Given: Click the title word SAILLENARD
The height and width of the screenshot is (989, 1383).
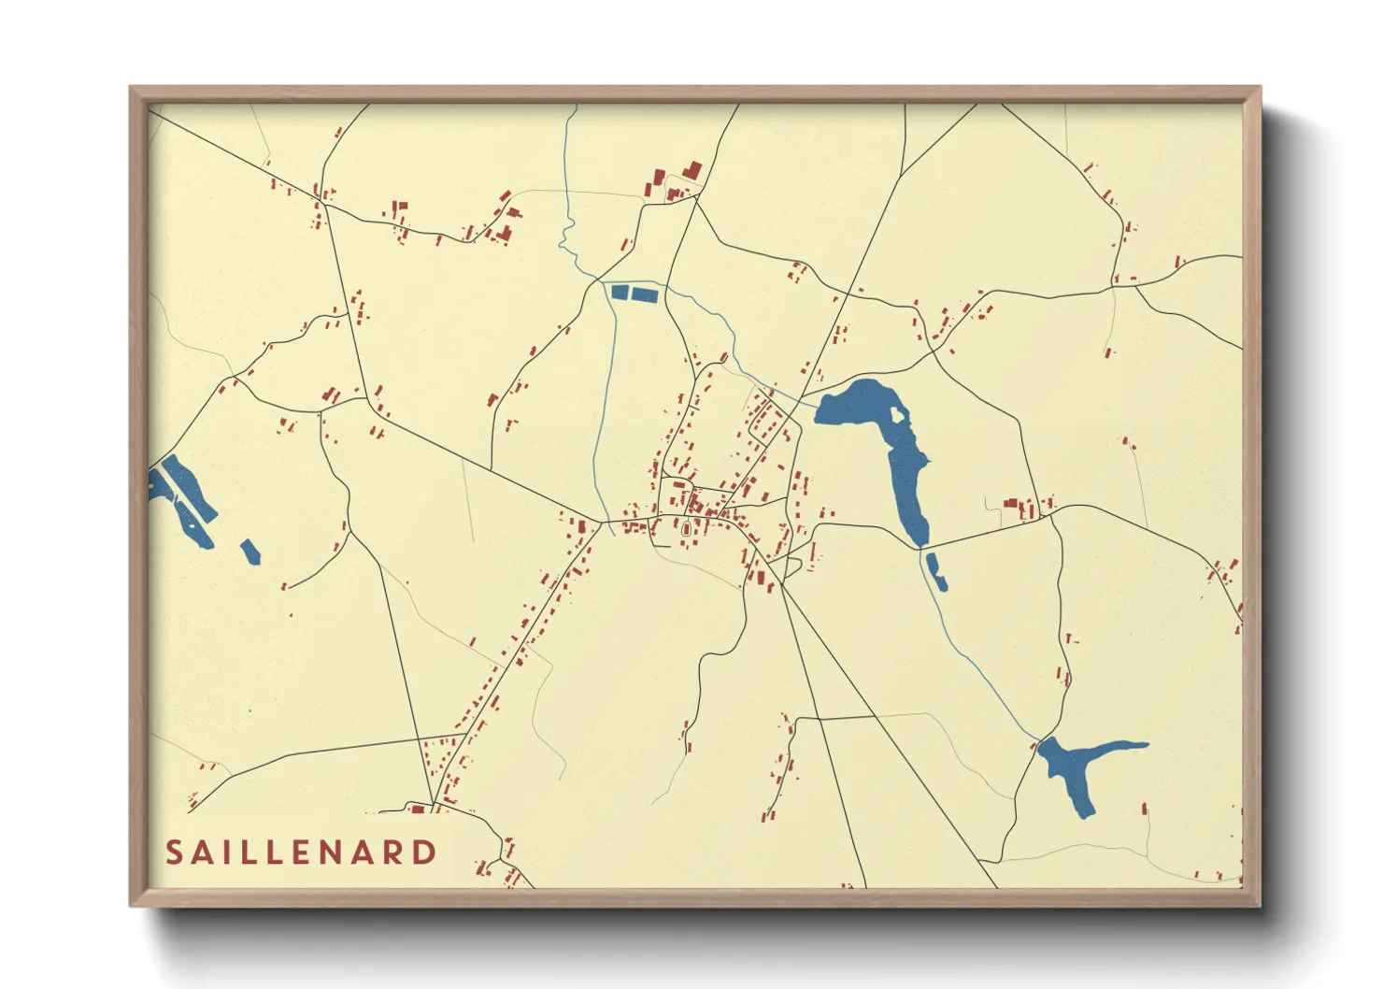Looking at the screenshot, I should pyautogui.click(x=301, y=853).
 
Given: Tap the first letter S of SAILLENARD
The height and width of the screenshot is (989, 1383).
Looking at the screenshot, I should pyautogui.click(x=174, y=853).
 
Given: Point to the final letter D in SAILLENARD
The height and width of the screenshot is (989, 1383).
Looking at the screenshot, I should pyautogui.click(x=425, y=853).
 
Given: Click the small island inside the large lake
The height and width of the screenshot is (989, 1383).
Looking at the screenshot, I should pyautogui.click(x=898, y=414).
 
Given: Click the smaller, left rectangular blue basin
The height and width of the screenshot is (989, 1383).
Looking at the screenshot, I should pyautogui.click(x=619, y=292).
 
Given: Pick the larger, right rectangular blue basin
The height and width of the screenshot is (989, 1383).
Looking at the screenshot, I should pyautogui.click(x=645, y=294).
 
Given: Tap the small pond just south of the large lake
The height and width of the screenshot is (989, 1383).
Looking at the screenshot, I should pyautogui.click(x=936, y=572).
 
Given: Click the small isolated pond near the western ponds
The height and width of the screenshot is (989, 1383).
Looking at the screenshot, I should pyautogui.click(x=250, y=552).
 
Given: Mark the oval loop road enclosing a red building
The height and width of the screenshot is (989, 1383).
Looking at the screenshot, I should pyautogui.click(x=688, y=531).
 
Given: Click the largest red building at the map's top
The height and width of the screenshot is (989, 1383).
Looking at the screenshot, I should pyautogui.click(x=692, y=170).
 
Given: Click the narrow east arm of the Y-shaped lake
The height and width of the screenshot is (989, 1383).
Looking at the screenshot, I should pyautogui.click(x=1121, y=747).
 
